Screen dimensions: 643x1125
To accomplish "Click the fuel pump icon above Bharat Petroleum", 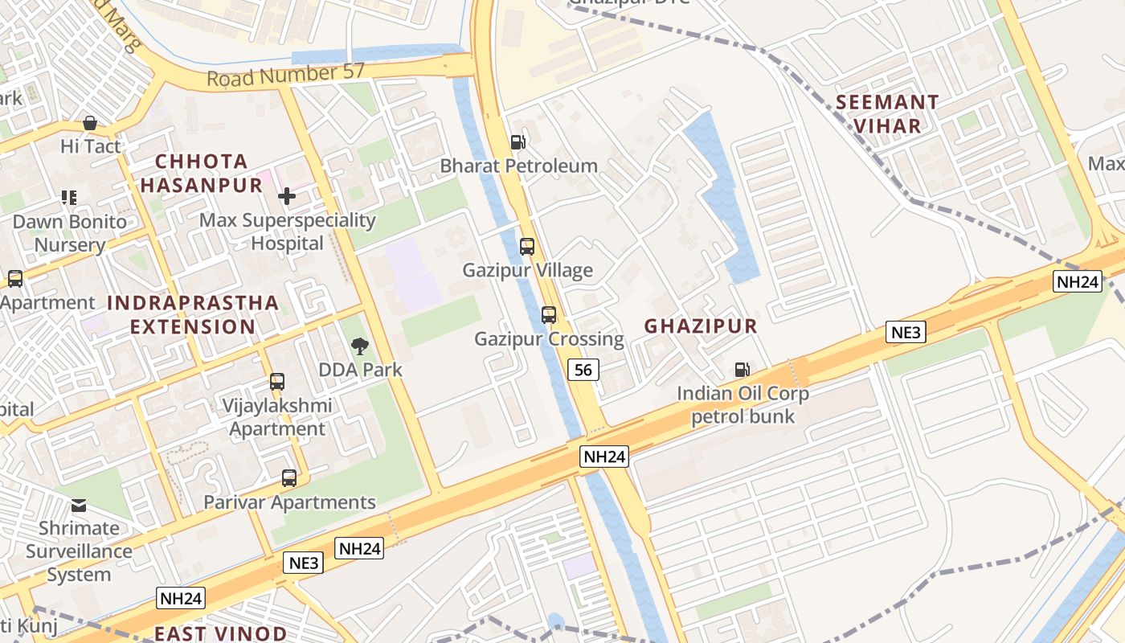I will tap(518, 142).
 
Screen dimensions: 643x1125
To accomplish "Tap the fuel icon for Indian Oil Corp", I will tap(742, 370).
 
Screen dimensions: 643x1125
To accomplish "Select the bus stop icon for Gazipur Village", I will tap(527, 247).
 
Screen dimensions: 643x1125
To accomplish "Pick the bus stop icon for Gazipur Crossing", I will tap(549, 315).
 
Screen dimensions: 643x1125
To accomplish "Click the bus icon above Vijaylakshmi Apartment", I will tap(277, 382).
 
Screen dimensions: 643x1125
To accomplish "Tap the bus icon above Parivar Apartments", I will tap(289, 478).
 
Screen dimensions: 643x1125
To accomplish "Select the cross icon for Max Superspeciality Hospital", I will tap(287, 196).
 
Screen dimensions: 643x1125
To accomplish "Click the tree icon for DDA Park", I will tap(360, 346).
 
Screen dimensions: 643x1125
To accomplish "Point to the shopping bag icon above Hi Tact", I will tap(90, 123).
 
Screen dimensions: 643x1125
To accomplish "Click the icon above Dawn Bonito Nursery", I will tap(69, 198).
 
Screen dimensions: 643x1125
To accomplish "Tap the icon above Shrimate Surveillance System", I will tap(79, 506).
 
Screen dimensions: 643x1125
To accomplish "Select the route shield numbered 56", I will tap(583, 370).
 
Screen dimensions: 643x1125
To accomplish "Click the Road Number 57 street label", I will tap(285, 75).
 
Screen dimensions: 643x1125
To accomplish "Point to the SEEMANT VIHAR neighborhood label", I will tap(887, 114).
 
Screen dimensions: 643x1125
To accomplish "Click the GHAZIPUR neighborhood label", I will tap(701, 326).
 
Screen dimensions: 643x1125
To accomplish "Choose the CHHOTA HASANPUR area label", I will tap(202, 173).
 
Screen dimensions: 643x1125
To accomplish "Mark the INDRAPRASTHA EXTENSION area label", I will tap(193, 315).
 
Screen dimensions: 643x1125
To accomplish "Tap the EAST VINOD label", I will tap(220, 633).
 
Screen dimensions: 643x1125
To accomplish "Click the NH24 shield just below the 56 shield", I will tap(603, 457).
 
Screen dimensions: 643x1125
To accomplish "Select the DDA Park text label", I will tap(361, 371).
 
